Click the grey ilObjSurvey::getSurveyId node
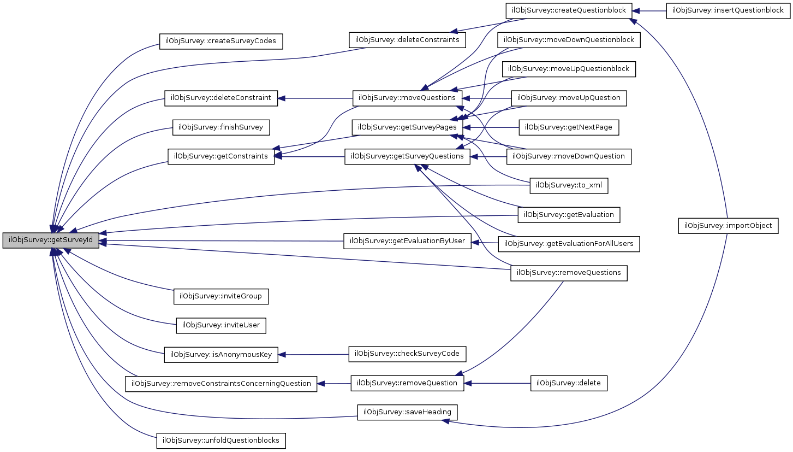tap(51, 240)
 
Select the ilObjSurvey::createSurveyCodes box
tap(221, 42)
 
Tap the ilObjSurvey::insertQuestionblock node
tap(728, 10)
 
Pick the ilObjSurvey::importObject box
tap(728, 226)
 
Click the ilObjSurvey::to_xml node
tap(569, 186)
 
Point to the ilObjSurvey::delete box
tap(569, 383)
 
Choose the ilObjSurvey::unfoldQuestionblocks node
tap(221, 441)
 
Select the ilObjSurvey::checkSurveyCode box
tap(407, 354)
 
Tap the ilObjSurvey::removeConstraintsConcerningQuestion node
tap(221, 384)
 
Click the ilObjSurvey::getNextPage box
tap(569, 127)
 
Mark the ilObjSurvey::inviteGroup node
tap(221, 296)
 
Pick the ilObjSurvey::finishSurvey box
tap(221, 127)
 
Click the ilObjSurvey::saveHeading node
tap(407, 412)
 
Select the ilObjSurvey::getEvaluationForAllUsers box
tap(569, 244)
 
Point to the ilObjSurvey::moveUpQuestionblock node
tap(569, 69)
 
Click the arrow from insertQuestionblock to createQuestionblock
tap(649, 11)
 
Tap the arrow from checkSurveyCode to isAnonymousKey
tap(313, 355)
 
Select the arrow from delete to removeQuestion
tap(497, 383)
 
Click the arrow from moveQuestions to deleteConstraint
tap(315, 98)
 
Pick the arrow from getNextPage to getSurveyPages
tap(491, 127)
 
